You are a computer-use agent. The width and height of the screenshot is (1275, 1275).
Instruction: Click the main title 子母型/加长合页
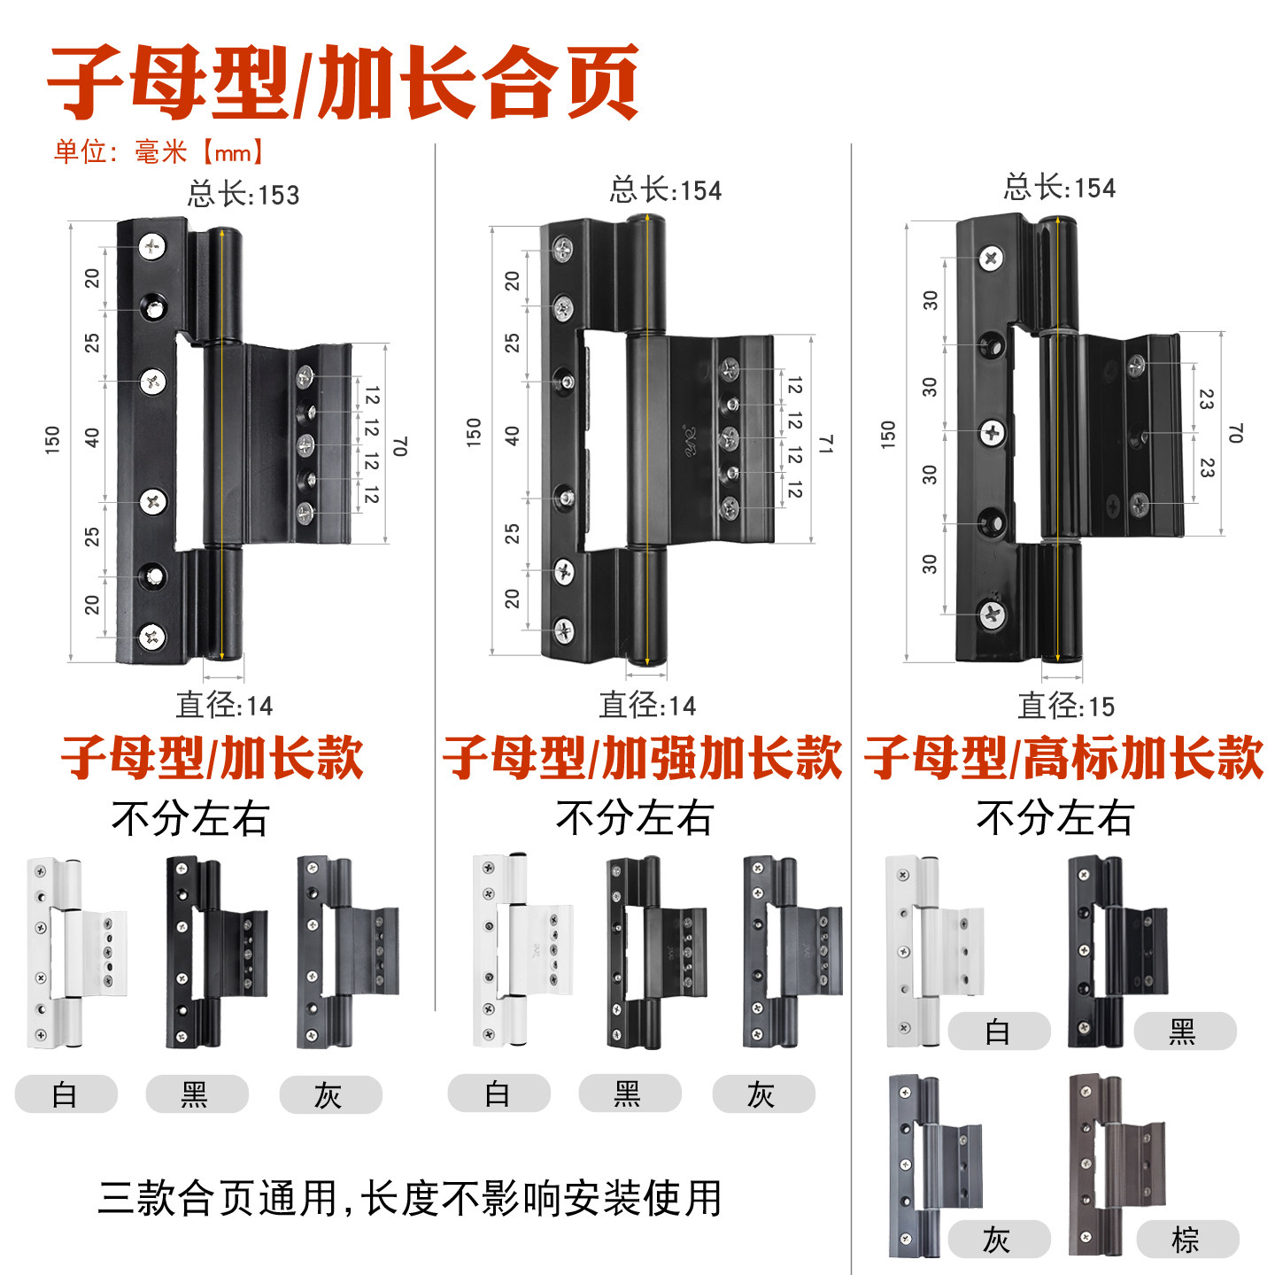(x=343, y=82)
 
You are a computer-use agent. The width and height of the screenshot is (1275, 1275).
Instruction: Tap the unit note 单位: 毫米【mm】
(x=158, y=152)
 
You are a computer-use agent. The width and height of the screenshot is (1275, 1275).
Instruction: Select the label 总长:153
(x=243, y=195)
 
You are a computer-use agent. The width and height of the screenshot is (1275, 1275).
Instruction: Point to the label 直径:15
(x=1065, y=706)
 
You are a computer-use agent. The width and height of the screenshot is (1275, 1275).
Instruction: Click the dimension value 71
(x=825, y=444)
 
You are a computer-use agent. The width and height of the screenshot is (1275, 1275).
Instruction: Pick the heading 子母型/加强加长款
(x=642, y=758)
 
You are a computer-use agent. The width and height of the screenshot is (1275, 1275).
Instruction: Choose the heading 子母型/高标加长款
(x=1063, y=758)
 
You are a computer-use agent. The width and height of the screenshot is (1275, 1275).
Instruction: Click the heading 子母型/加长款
(x=212, y=758)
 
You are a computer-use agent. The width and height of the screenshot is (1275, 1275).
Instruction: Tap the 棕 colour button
(x=1187, y=1239)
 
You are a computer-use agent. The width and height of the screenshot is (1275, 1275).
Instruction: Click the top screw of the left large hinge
(x=152, y=247)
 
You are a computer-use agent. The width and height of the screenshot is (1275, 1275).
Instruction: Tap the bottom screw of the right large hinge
(x=991, y=614)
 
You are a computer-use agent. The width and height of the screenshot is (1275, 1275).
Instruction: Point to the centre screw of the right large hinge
(x=991, y=433)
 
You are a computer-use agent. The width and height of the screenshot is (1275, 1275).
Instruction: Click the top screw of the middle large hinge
(x=563, y=249)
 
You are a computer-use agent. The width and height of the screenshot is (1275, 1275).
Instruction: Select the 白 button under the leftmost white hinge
(x=66, y=1093)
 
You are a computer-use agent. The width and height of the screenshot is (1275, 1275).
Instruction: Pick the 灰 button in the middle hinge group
(x=763, y=1093)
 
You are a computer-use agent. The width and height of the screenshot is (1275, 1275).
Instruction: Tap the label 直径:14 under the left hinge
(x=224, y=705)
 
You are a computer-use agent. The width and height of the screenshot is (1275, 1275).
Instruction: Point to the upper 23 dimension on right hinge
(x=1206, y=399)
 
